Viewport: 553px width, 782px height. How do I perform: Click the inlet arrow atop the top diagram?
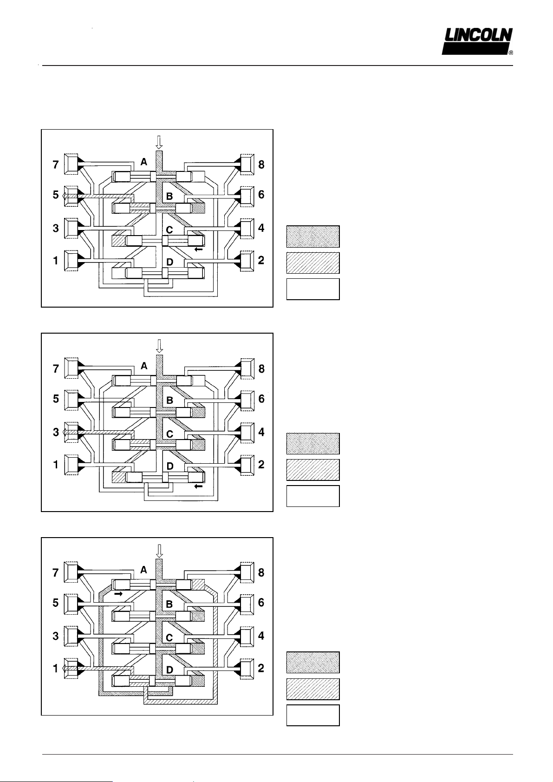click(159, 141)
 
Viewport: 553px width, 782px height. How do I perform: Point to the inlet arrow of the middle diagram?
click(159, 346)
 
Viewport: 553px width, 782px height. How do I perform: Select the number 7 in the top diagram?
click(56, 164)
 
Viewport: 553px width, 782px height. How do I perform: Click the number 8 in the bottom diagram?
click(261, 572)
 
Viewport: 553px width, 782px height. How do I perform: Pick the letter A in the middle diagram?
click(144, 366)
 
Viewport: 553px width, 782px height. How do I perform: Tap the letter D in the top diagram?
click(169, 262)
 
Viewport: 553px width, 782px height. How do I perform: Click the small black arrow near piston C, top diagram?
click(199, 250)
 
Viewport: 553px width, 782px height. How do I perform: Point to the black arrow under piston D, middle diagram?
click(199, 486)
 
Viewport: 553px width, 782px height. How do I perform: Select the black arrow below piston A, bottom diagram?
click(118, 594)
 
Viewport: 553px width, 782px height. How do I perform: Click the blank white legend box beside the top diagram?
click(313, 289)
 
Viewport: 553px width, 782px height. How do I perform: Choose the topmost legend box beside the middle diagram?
click(313, 443)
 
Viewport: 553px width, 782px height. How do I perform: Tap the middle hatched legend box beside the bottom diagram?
click(313, 689)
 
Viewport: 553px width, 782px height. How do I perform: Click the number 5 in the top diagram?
click(56, 195)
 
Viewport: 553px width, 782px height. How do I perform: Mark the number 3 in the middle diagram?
click(56, 432)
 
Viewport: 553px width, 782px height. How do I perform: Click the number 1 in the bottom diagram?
click(56, 669)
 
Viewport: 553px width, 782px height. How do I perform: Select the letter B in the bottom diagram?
click(169, 605)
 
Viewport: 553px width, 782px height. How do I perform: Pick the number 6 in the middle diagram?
click(261, 399)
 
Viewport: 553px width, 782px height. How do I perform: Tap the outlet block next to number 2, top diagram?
click(247, 260)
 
